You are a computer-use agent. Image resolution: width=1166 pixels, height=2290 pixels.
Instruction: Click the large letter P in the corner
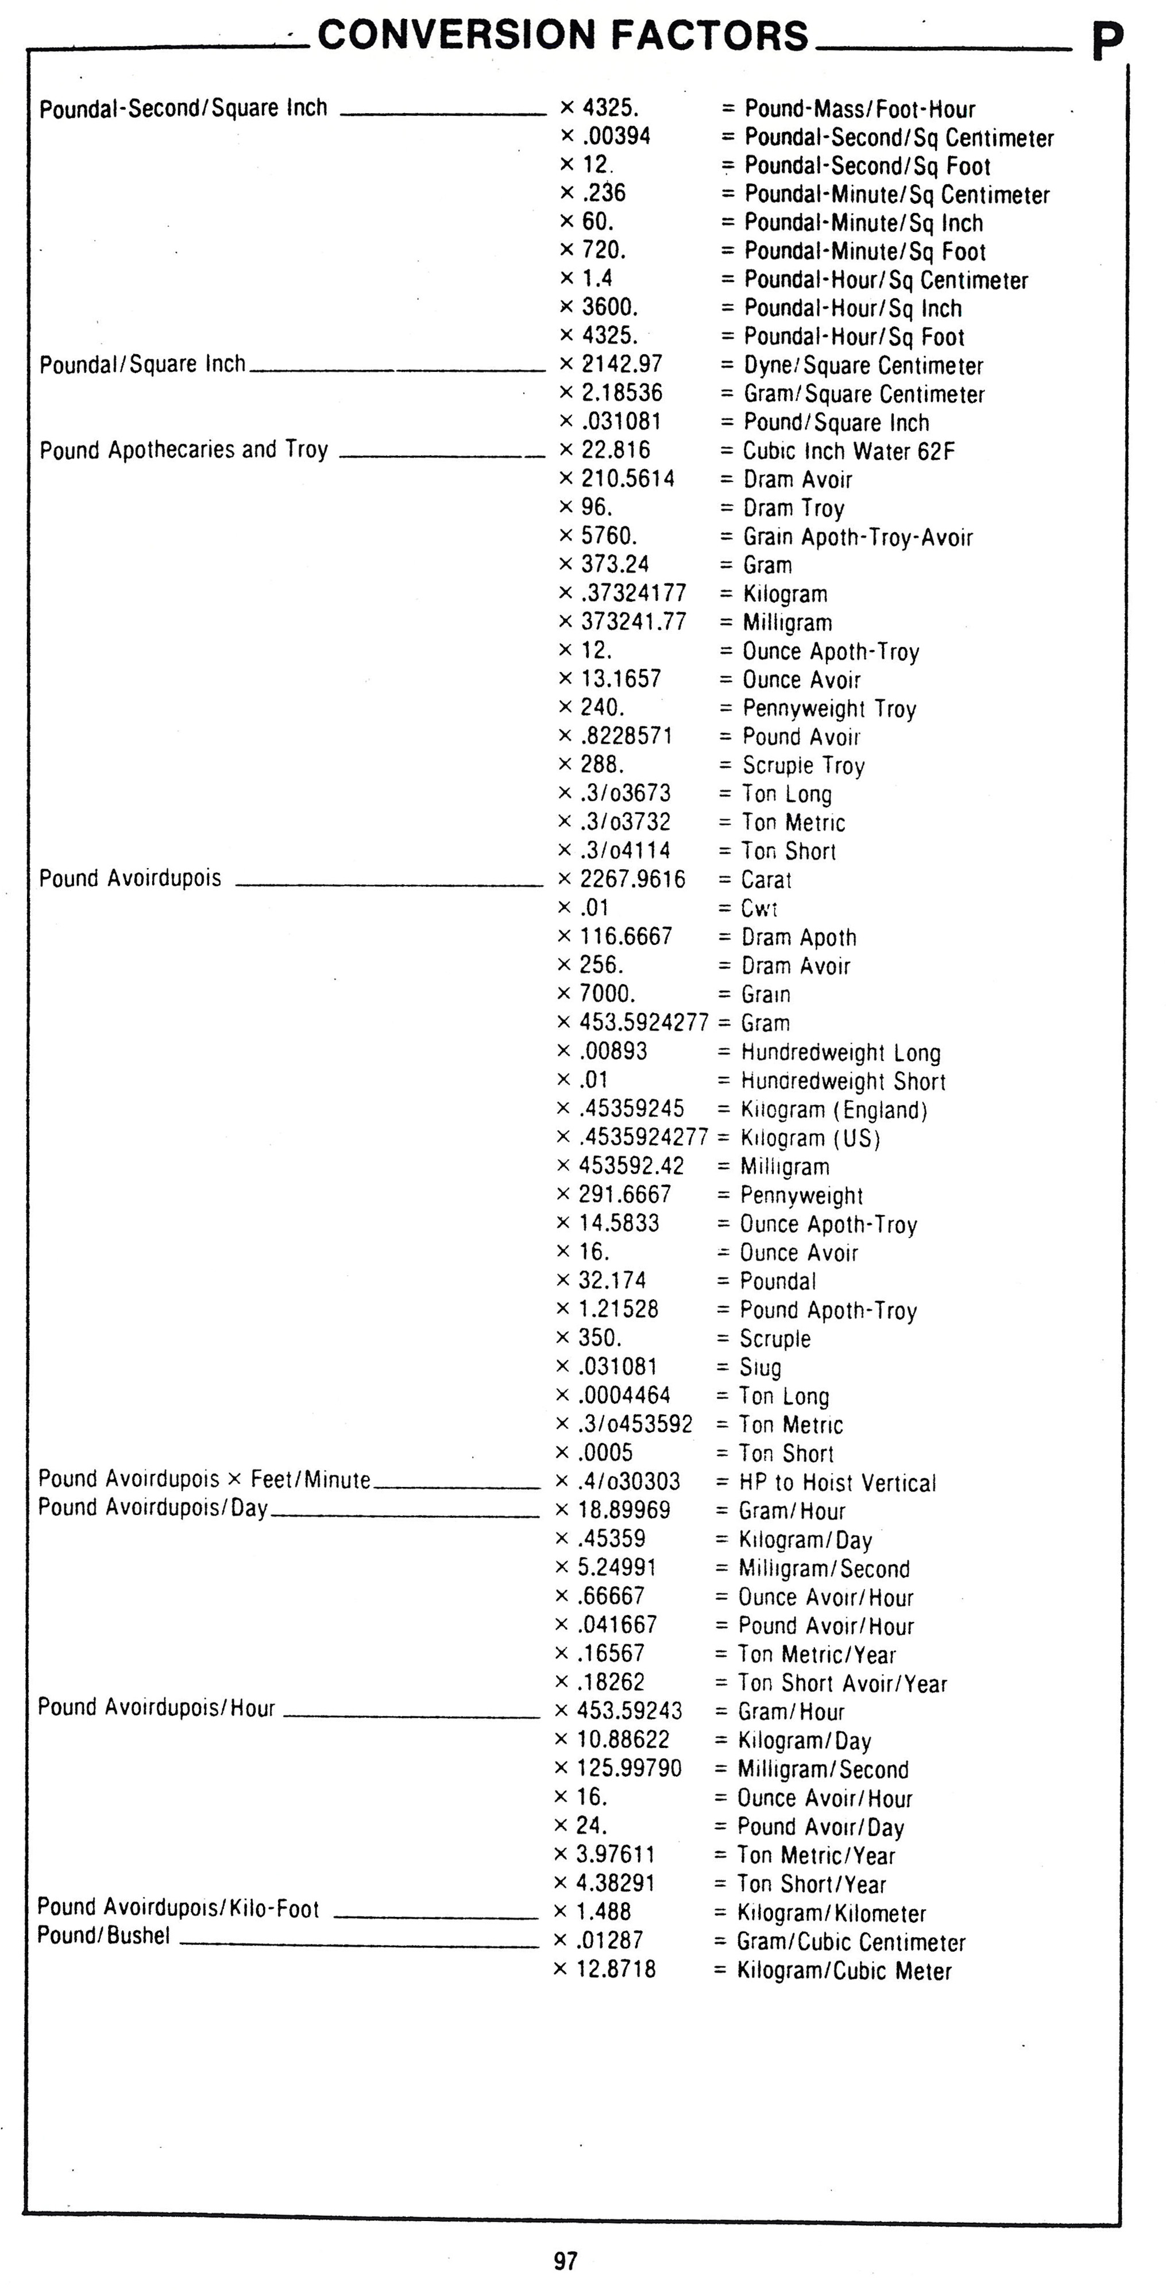[1108, 42]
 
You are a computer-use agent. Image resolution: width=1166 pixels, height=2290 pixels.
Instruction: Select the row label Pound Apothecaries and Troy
[184, 450]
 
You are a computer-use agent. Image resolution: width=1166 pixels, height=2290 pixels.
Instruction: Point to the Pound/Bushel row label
[103, 1935]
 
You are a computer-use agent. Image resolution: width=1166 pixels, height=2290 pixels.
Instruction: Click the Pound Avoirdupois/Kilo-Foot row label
[178, 1908]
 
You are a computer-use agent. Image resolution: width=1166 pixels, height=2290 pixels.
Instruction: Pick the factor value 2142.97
[621, 365]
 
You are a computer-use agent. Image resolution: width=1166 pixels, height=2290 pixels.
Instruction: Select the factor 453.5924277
[643, 1022]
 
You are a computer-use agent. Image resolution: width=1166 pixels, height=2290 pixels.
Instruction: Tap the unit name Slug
[760, 1367]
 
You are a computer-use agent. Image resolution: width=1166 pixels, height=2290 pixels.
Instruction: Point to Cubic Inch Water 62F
[848, 452]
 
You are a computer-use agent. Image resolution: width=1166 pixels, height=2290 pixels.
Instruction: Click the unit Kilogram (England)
[833, 1110]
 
